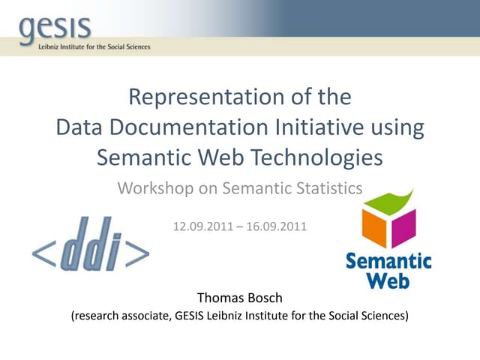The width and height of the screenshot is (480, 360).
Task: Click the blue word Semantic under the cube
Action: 388,262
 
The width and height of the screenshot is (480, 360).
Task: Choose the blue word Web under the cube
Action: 388,280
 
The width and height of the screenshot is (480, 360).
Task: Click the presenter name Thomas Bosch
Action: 239,298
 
